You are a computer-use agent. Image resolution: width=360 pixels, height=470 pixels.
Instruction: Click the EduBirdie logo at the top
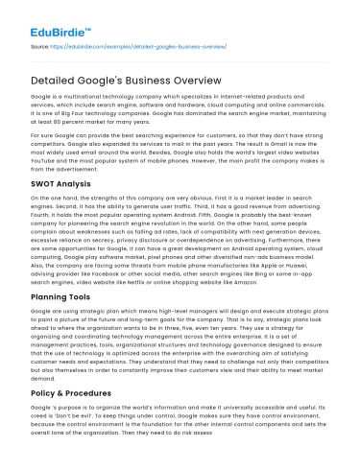53,20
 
